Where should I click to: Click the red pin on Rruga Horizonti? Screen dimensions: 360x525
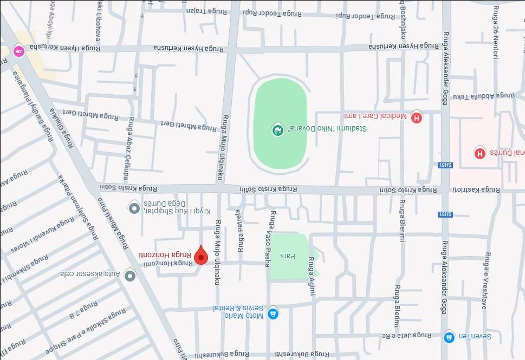pos(201,255)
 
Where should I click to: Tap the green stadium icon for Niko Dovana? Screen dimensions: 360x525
pos(277,129)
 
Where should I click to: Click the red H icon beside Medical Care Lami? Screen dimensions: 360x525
pos(416,117)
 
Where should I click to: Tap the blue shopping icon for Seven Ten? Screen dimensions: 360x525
pos(448,337)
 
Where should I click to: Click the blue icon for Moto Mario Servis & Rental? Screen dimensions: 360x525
pos(273,313)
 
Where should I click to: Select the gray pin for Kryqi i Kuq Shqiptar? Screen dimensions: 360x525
pos(134,207)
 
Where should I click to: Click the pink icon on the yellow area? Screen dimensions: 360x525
pos(19,51)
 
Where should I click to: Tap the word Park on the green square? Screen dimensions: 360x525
pos(287,256)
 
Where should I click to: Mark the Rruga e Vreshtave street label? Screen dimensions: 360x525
pos(486,280)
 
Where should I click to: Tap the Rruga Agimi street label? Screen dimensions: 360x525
pos(312,276)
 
